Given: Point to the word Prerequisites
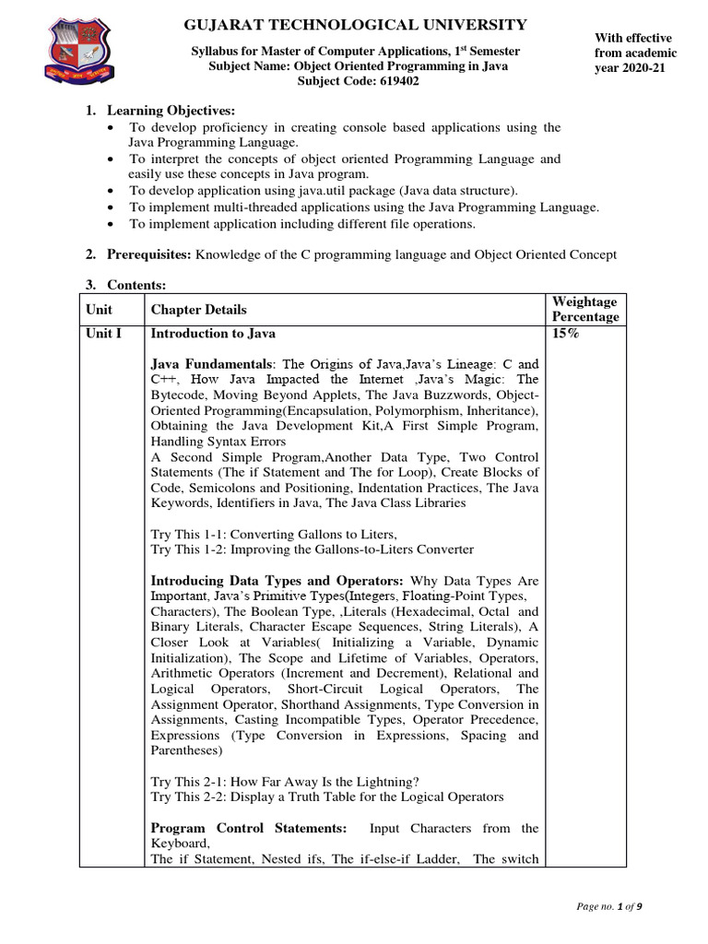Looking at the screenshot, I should click(148, 254).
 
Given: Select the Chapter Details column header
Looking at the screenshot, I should click(198, 310).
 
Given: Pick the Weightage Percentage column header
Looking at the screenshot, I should click(584, 310).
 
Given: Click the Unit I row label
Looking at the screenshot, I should click(103, 333).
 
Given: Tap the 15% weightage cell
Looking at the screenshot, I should click(565, 333).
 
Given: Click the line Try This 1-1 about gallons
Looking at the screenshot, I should click(274, 534).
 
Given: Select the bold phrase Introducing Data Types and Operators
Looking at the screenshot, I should click(277, 581).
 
